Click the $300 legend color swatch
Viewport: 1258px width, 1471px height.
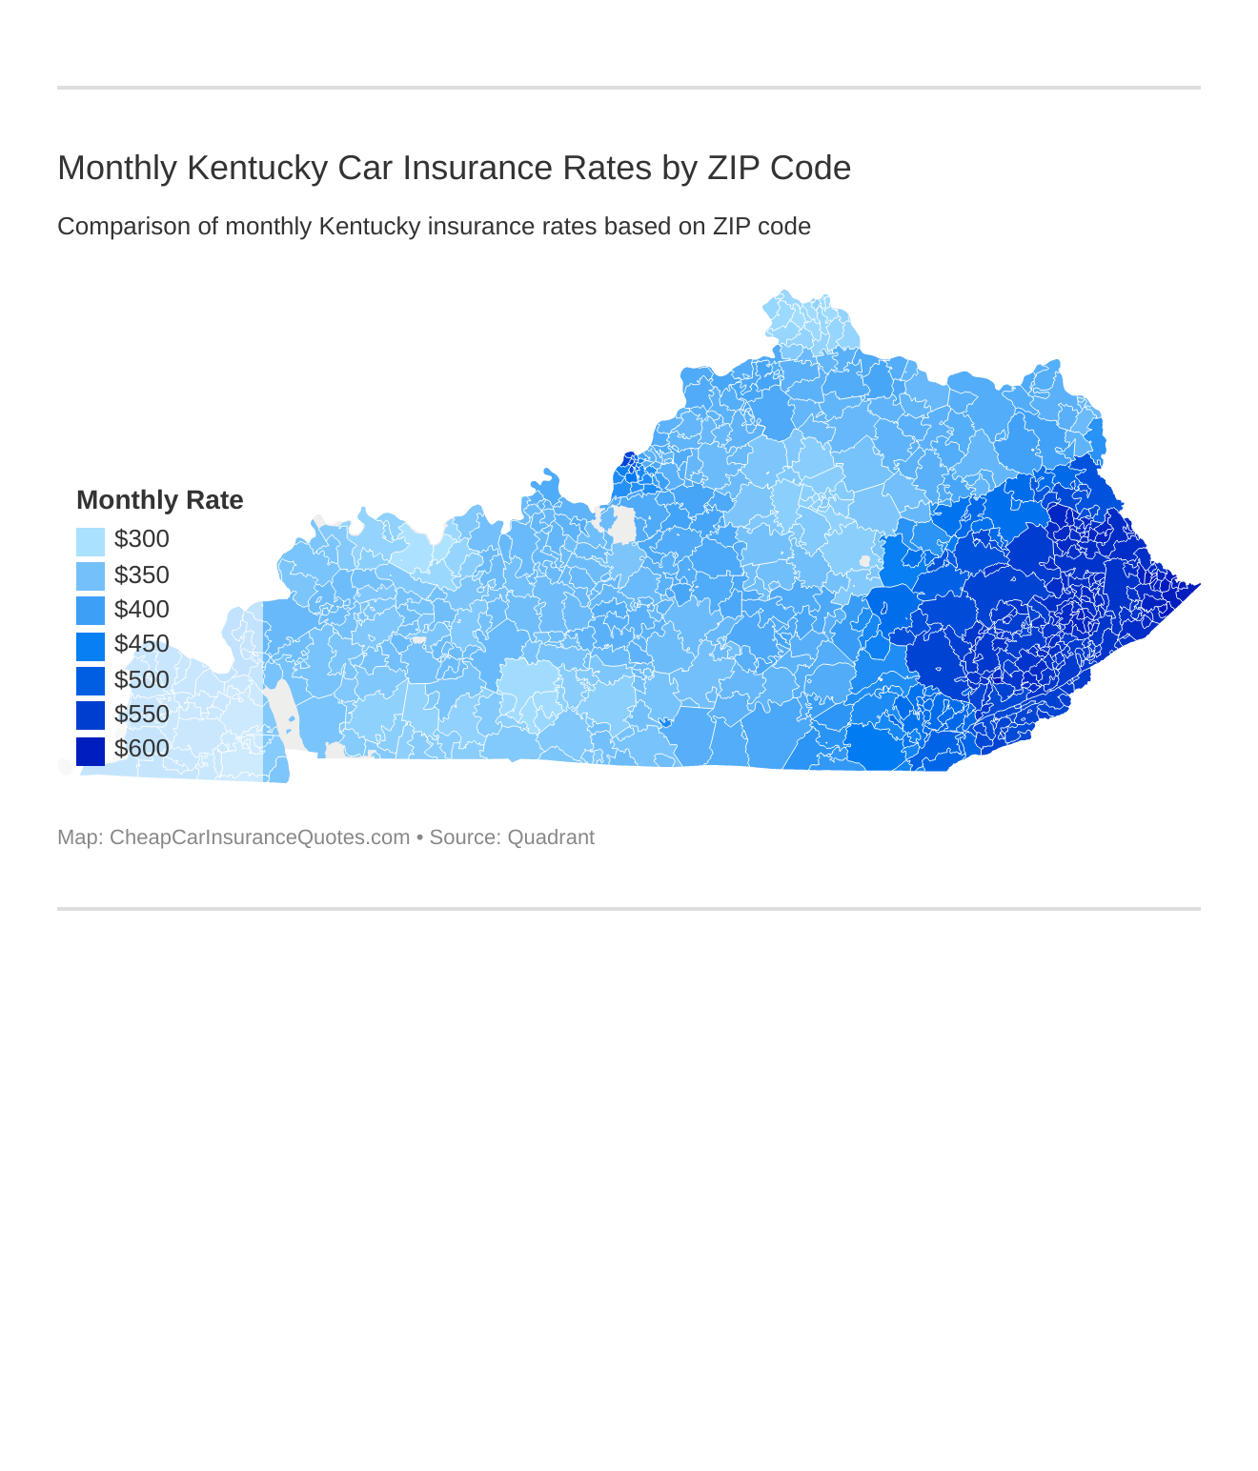pos(91,541)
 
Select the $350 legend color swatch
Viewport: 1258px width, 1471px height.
pos(91,576)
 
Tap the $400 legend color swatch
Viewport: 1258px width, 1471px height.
pos(91,611)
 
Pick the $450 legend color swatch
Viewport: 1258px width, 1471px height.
pos(91,646)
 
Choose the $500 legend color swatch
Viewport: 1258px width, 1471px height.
pos(91,680)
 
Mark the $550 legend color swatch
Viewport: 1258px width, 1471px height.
pos(91,715)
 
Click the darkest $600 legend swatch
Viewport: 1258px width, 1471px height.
pos(91,751)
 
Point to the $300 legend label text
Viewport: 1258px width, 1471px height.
pos(141,539)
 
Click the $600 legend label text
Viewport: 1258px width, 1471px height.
pos(141,749)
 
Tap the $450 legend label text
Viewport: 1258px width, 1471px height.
pos(141,644)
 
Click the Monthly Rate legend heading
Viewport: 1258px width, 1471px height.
pos(159,500)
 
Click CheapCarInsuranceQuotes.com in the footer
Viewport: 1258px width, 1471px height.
pos(259,837)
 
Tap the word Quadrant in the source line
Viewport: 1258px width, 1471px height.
pos(550,837)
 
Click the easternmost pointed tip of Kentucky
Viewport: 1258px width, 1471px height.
pos(1197,584)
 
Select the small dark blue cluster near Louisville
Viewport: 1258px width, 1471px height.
pos(628,468)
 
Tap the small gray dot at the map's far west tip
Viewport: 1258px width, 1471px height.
pos(65,767)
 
